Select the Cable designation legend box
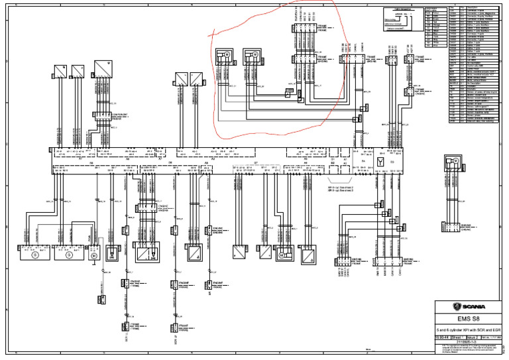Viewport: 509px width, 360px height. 404,20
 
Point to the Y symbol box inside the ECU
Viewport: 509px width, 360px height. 380,160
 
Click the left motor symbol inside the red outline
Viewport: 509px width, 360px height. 225,54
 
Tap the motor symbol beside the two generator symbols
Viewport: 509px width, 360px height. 93,254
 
